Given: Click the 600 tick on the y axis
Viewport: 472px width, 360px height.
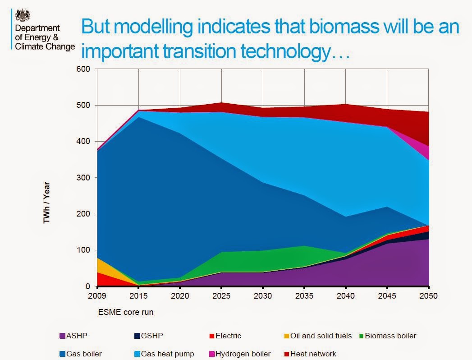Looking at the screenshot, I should [x=85, y=69].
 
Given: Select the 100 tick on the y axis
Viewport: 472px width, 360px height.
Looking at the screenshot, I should [x=85, y=250].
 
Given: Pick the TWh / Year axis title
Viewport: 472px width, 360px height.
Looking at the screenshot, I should [x=46, y=202].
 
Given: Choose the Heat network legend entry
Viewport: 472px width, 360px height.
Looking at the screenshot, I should [x=313, y=354].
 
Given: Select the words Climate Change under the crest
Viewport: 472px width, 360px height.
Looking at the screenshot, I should [x=45, y=46].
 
